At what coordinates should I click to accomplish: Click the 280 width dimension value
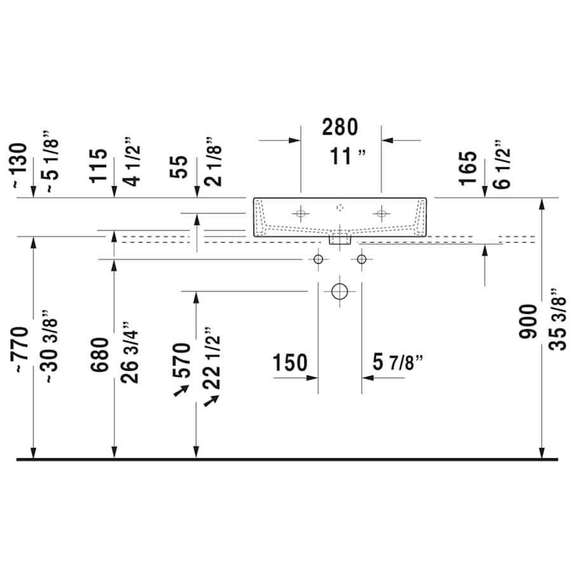pos(340,128)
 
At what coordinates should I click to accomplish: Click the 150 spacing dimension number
pos(290,364)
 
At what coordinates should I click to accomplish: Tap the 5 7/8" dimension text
pos(398,364)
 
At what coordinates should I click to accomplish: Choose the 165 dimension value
pos(468,167)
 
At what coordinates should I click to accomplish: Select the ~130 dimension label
pos(20,166)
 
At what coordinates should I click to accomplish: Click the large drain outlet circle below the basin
pos(340,291)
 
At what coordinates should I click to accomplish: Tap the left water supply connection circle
pos(318,259)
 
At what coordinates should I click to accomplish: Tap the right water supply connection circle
pos(362,259)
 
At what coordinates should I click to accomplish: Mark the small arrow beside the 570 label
pos(180,392)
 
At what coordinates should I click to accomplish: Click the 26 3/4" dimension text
pos(130,357)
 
